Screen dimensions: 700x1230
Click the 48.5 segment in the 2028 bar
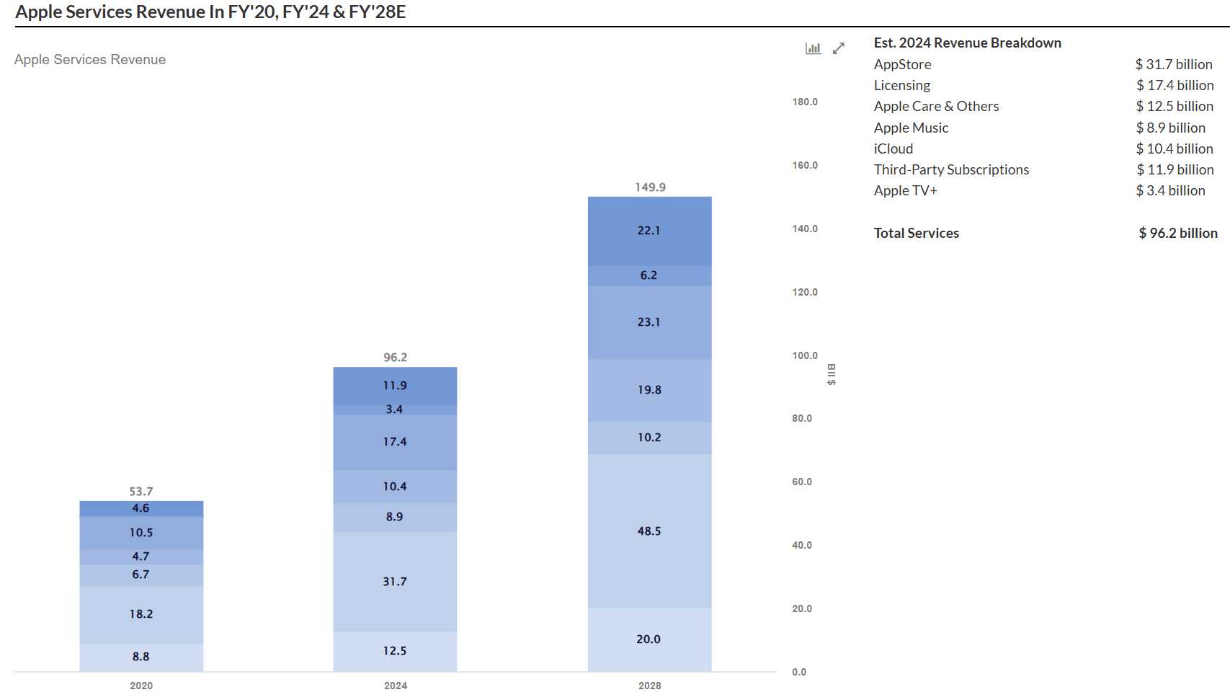coord(649,531)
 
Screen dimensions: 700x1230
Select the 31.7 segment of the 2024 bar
coord(395,582)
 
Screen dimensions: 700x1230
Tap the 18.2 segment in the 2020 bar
coord(141,614)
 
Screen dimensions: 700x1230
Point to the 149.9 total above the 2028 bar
coord(650,187)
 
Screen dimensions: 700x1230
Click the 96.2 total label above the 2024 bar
coord(395,358)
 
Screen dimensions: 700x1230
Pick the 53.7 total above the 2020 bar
coord(141,492)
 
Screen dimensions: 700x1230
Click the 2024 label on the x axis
coord(395,686)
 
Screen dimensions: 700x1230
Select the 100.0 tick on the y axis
coord(805,355)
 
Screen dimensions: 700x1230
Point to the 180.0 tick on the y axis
coord(805,102)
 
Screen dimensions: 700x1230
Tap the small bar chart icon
coord(813,48)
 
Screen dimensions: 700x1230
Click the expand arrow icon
coord(839,48)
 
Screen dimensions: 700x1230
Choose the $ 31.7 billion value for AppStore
coord(1174,65)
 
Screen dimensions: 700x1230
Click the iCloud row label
coord(893,149)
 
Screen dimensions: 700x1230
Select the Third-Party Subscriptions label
coord(951,170)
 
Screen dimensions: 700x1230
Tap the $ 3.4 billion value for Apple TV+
coord(1170,191)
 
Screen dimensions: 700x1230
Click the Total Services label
coord(916,234)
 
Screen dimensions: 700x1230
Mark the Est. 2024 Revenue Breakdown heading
coord(967,43)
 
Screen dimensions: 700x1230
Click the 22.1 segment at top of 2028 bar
coord(649,231)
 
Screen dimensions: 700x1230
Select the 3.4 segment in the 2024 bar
coord(395,409)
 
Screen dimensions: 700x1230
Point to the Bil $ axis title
coord(832,374)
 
